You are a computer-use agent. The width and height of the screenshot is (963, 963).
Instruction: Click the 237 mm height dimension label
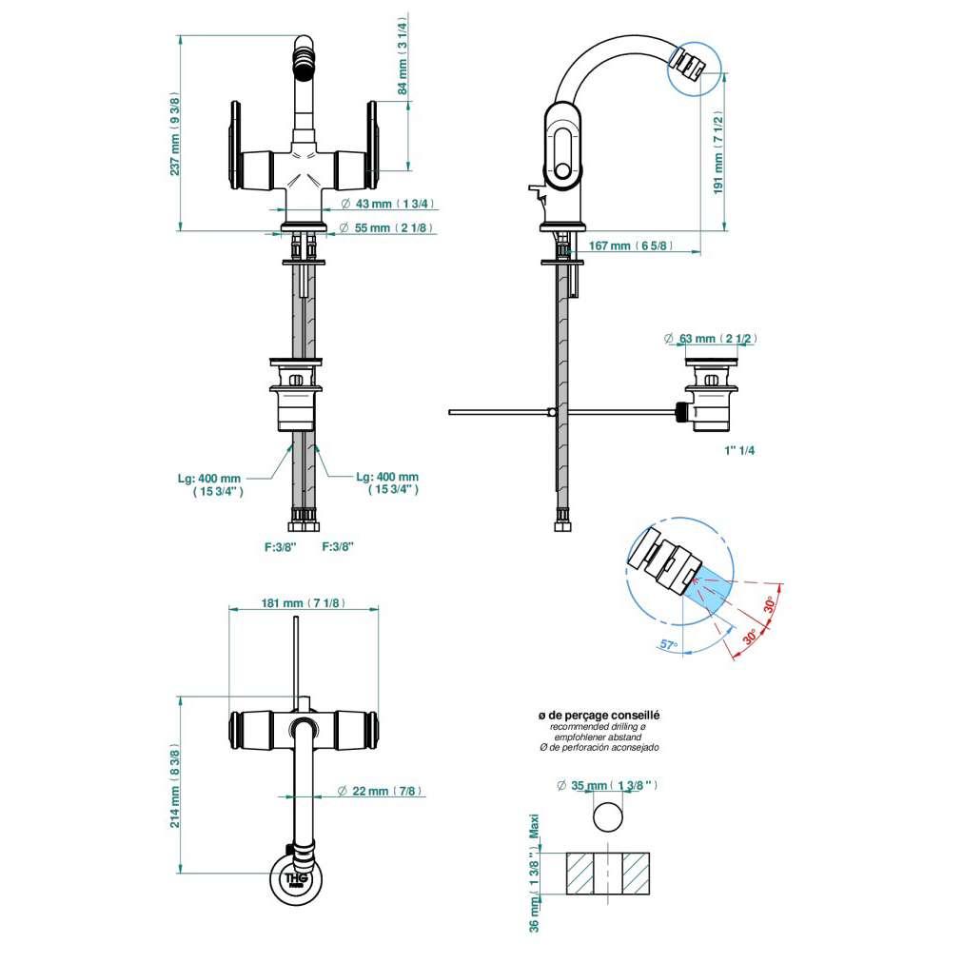pos(175,133)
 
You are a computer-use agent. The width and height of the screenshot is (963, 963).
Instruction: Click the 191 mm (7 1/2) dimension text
pos(719,152)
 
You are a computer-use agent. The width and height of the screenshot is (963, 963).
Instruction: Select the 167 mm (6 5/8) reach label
pos(631,246)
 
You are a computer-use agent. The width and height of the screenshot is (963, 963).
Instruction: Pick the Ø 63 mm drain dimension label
pos(711,339)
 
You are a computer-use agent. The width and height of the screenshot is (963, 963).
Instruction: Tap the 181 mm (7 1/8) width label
pos(304,603)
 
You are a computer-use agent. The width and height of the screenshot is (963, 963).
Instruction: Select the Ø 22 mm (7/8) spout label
pos(382,791)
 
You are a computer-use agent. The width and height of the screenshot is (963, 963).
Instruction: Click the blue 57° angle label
pos(670,645)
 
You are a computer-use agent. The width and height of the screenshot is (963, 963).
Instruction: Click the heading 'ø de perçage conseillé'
pos(599,715)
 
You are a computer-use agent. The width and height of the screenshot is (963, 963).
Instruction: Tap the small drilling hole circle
pos(608,817)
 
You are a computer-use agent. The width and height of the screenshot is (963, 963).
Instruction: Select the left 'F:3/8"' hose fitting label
pos(281,546)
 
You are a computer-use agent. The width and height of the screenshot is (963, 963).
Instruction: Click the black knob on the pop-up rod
pos(680,413)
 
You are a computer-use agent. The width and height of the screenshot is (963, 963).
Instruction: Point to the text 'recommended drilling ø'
pos(599,726)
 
